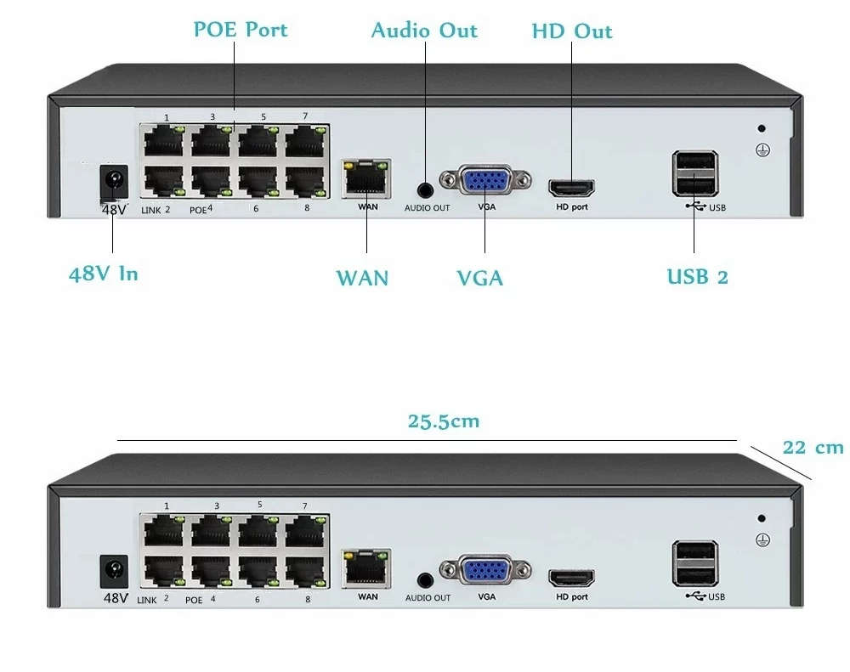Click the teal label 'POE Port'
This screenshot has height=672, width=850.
pos(241,29)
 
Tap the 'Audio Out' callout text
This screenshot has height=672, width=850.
pos(424,31)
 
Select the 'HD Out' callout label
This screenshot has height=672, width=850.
pos(571,31)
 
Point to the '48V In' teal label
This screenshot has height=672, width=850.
pos(103,274)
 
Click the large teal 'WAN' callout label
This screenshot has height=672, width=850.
pos(362,278)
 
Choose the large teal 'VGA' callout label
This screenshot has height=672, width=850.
pos(479,278)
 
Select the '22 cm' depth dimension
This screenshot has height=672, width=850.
pos(813,448)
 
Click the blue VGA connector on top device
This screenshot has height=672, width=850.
pos(485,181)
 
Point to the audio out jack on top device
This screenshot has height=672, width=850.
pos(425,188)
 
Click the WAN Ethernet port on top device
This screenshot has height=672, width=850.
pos(366,176)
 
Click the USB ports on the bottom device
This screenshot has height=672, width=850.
pos(694,563)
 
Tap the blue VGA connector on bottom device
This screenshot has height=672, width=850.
pos(485,571)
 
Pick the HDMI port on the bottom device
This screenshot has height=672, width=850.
pos(571,579)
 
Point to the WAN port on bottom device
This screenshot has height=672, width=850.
pos(366,566)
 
